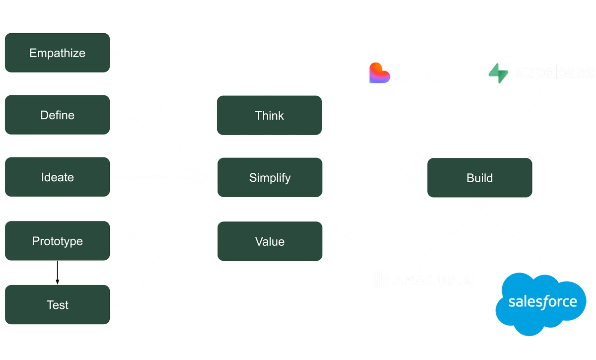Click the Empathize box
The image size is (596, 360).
tap(57, 53)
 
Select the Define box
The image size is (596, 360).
tap(57, 115)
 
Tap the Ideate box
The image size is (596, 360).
tap(57, 177)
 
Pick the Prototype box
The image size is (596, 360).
tap(57, 241)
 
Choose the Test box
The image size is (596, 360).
tap(57, 305)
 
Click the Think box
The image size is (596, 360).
tap(269, 115)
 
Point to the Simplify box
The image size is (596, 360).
tap(269, 177)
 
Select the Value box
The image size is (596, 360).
tap(269, 241)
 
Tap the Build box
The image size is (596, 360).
tap(479, 177)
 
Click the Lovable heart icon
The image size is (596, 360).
tap(379, 73)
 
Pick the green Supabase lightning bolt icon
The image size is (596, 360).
tap(499, 73)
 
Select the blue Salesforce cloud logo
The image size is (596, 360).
tap(542, 301)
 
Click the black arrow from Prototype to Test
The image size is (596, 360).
tap(57, 273)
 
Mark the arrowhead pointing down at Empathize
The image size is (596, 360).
tap(57, 29)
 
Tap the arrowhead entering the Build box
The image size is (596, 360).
tap(423, 177)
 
